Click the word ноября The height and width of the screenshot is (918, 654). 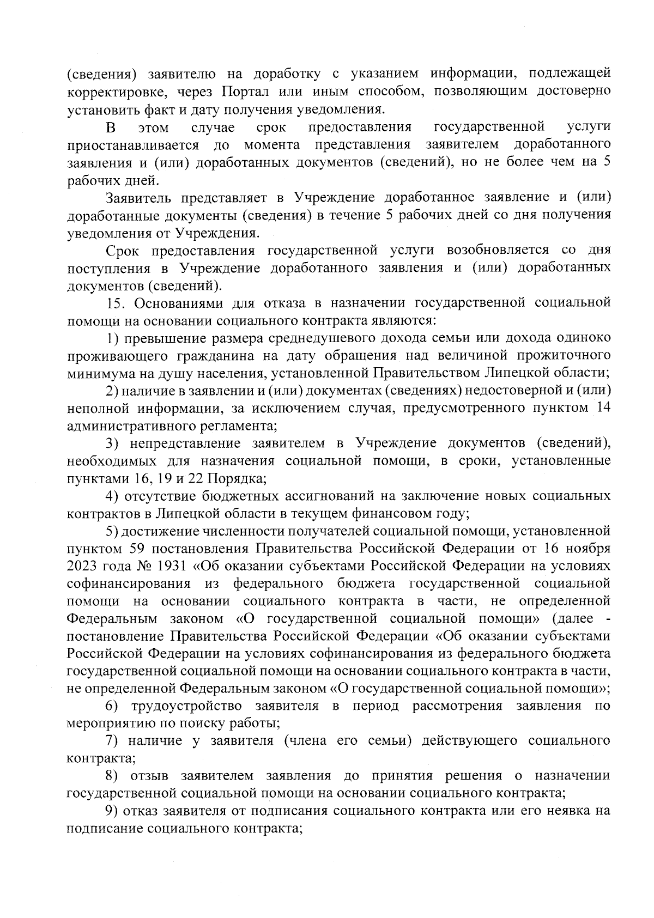[589, 548]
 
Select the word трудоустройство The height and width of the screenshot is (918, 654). [187, 707]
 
